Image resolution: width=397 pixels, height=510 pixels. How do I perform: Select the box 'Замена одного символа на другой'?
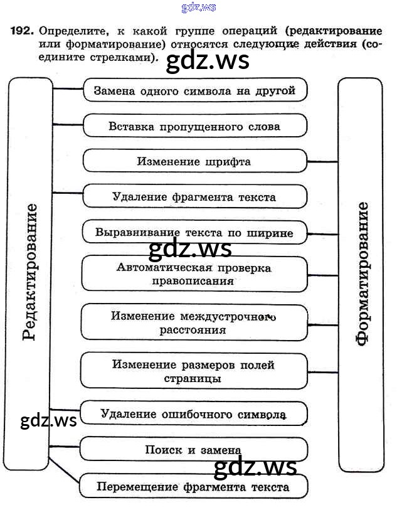[194, 90]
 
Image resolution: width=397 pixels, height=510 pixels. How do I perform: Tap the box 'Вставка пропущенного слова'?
[194, 126]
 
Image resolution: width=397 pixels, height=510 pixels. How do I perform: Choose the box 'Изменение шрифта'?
[194, 161]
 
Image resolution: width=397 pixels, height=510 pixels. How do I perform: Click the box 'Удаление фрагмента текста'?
[194, 197]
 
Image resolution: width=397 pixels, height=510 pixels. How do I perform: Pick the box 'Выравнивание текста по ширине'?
[194, 232]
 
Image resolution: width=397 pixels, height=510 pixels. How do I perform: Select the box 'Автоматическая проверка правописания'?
[194, 274]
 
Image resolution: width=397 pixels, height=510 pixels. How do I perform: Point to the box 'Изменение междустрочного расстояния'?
[194, 322]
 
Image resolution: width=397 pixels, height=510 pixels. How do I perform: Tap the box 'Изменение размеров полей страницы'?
[193, 371]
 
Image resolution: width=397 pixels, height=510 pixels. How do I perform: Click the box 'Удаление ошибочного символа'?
[193, 414]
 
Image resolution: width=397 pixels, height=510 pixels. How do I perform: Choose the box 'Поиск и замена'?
[193, 450]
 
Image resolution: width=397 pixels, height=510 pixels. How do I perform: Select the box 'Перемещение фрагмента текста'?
[193, 486]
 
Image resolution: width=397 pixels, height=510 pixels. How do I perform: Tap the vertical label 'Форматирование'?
[362, 274]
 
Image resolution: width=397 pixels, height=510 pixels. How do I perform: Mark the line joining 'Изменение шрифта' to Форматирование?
[322, 162]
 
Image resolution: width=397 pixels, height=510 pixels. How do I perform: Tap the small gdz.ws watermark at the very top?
[199, 7]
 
